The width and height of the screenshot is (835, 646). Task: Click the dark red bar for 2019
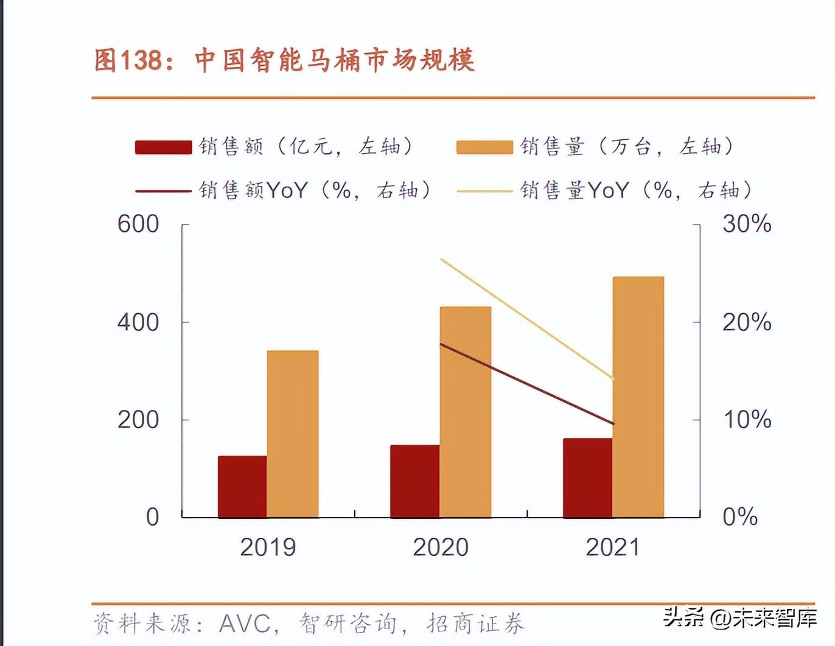coord(242,487)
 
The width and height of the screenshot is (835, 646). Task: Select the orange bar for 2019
coord(293,434)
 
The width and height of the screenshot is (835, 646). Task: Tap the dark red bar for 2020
coord(414,481)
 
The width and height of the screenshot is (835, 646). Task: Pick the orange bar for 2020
coord(466,412)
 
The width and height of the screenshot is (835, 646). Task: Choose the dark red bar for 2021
coord(587,478)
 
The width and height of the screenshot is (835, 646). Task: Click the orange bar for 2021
coord(638,397)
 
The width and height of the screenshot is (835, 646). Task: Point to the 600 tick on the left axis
coord(138,224)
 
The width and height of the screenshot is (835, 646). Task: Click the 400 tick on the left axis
coord(138,322)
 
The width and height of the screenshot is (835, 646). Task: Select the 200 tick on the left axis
coord(138,420)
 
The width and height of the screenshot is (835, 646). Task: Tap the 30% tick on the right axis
coord(747,224)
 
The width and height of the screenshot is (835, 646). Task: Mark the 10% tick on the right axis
coord(747,420)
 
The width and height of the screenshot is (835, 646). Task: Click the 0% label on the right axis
coord(740,517)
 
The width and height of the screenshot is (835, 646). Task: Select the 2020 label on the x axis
coord(441,547)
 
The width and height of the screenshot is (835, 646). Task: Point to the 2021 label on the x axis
coord(613,547)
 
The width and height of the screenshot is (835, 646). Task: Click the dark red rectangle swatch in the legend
coord(163,147)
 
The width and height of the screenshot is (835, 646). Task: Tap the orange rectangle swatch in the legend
coord(484,147)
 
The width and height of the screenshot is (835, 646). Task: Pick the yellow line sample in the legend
coord(484,191)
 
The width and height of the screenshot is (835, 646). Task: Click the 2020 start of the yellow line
coord(441,260)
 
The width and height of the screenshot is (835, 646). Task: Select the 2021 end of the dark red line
coord(613,423)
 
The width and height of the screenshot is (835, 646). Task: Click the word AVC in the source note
coord(245,623)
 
